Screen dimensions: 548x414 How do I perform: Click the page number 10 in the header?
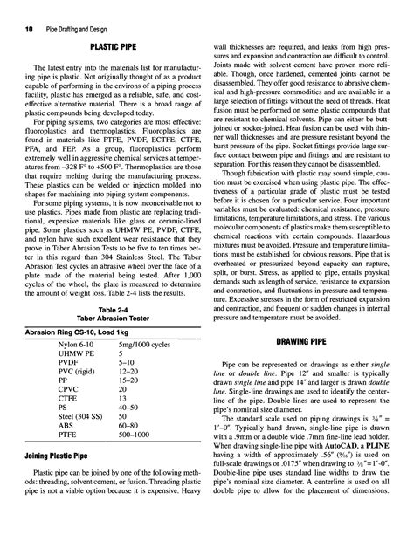coord(17,9)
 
